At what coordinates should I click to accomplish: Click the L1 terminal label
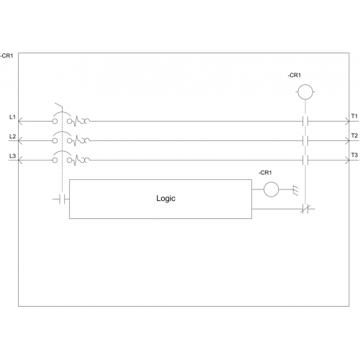pos(12,117)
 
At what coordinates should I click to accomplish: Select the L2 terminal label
pos(12,136)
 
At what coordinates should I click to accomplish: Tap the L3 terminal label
pos(12,156)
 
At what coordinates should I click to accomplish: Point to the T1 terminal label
pos(354,116)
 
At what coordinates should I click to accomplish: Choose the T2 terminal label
pos(354,135)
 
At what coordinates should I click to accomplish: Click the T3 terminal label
pos(354,155)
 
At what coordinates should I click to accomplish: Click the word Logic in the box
pos(166,199)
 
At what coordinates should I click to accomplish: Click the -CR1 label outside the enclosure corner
pos(6,55)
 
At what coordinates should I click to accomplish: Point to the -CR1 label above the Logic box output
pos(265,173)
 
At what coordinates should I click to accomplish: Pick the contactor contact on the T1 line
pos(305,121)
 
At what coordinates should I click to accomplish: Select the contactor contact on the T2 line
pos(305,140)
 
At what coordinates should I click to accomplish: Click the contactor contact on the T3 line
pos(305,160)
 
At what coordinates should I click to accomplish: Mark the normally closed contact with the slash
pos(305,209)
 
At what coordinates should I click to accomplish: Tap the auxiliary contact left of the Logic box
pos(62,199)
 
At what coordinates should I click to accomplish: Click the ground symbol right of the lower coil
pos(296,191)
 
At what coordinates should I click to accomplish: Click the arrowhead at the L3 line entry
pos(20,160)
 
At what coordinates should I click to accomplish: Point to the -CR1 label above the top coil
pos(294,75)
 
